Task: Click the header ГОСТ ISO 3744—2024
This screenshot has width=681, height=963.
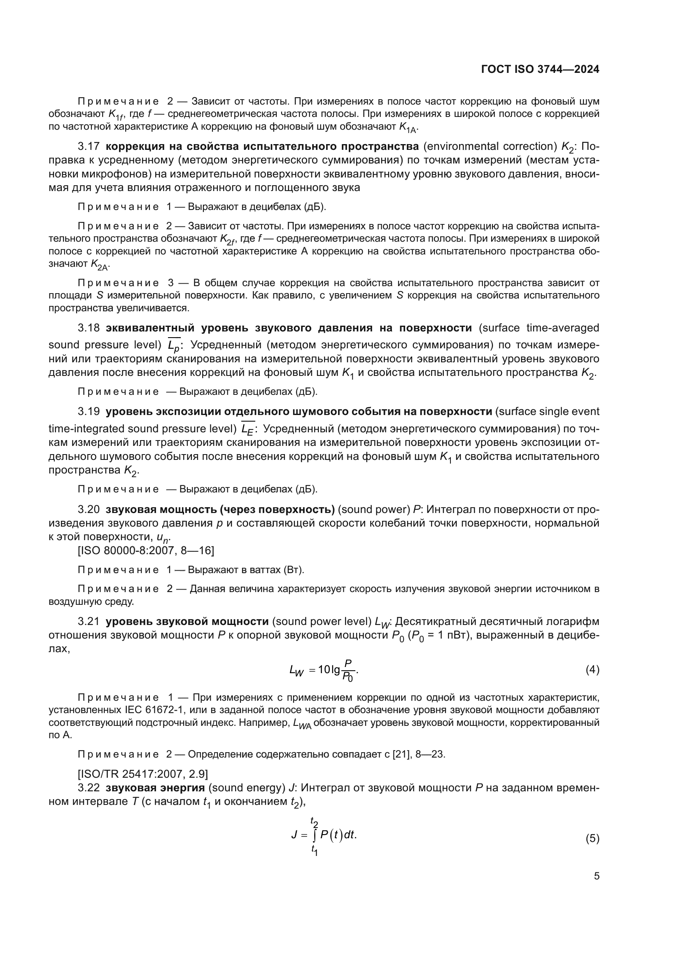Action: [540, 70]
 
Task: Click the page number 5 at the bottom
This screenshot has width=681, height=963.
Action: [596, 876]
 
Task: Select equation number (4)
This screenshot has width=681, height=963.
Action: [592, 670]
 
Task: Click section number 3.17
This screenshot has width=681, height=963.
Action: [89, 147]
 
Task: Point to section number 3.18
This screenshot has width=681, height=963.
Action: [89, 328]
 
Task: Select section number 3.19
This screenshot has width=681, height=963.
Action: [89, 411]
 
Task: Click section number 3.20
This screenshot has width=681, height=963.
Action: [89, 509]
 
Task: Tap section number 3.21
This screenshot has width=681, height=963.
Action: [89, 621]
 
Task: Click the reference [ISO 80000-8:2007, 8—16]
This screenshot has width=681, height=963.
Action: [146, 550]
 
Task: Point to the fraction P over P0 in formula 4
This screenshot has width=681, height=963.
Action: [347, 670]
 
